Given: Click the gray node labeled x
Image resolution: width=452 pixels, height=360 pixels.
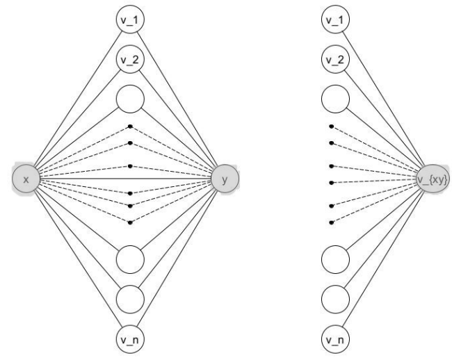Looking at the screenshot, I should (26, 180).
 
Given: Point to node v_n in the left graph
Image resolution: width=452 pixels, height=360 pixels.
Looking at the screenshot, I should (130, 338).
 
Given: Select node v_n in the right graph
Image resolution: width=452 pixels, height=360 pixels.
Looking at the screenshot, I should (337, 338).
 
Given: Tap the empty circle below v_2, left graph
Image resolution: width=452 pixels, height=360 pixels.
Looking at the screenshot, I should (130, 99).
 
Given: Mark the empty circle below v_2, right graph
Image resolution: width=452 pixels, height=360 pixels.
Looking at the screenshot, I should (337, 99).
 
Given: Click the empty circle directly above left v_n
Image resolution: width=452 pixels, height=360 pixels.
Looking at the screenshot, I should (130, 299).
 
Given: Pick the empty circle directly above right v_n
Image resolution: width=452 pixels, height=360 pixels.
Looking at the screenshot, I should (337, 299).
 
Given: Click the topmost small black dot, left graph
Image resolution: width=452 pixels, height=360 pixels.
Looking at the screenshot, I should (130, 127).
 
